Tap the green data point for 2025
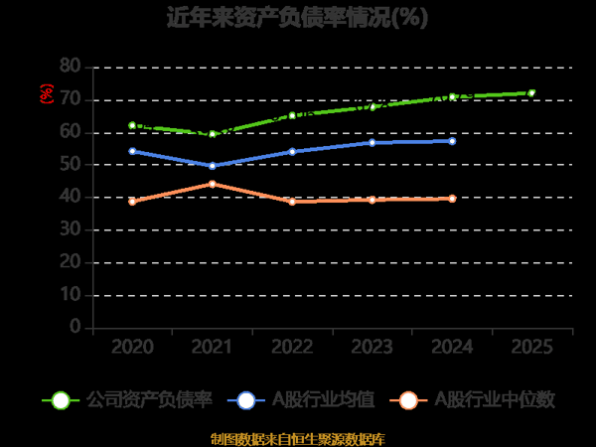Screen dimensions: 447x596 click(x=531, y=92)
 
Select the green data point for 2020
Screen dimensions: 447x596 click(x=132, y=125)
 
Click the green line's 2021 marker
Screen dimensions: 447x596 click(x=212, y=134)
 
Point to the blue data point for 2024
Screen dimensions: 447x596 click(x=452, y=141)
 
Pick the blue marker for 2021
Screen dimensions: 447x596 click(x=212, y=166)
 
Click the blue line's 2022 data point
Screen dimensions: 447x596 click(x=292, y=151)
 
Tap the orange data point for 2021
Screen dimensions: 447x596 click(x=212, y=184)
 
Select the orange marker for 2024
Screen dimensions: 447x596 click(x=452, y=199)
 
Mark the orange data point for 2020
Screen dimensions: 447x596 click(x=132, y=201)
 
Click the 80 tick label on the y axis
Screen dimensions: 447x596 click(x=70, y=66)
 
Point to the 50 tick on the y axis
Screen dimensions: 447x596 click(x=70, y=164)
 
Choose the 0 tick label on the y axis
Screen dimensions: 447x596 click(x=75, y=327)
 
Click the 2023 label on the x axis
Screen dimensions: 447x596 click(x=372, y=347)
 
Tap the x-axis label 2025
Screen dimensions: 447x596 click(x=531, y=347)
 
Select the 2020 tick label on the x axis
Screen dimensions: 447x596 click(x=132, y=347)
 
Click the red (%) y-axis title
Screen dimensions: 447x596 click(x=46, y=94)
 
